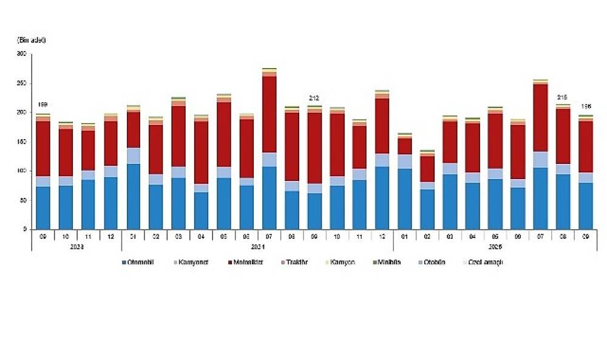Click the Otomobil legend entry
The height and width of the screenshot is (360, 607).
[141, 262]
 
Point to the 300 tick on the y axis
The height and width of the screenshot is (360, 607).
[22, 54]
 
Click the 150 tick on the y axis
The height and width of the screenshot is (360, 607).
[22, 142]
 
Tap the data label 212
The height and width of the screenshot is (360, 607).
[314, 98]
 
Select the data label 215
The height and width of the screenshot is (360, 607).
[563, 97]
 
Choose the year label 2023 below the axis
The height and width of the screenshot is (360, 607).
[76, 247]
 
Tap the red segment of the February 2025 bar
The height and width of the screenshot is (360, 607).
[427, 169]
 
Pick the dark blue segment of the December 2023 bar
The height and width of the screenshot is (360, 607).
[110, 203]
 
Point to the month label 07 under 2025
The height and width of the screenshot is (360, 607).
[540, 236]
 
